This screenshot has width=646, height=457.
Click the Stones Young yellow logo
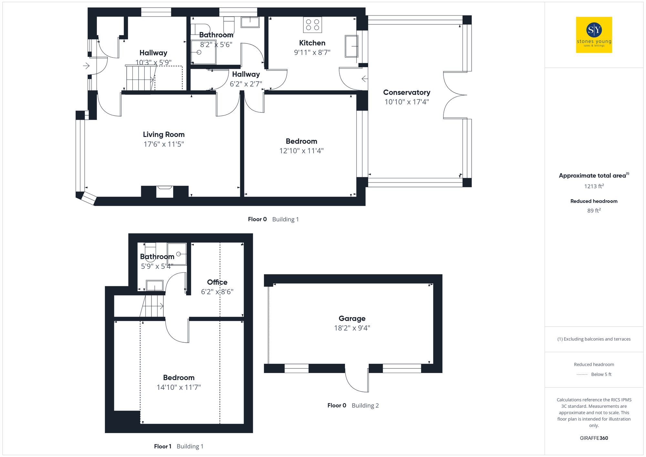point(594,35)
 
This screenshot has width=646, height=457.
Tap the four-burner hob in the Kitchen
point(312,25)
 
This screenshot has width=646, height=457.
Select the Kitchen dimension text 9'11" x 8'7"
point(312,52)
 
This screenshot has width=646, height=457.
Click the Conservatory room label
point(406,92)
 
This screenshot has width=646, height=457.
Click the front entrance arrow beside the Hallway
point(86,66)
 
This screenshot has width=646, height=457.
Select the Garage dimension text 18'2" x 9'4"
point(352,328)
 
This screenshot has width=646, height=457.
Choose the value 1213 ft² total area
point(594,186)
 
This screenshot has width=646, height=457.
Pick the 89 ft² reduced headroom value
point(594,211)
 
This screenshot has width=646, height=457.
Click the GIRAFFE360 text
point(594,438)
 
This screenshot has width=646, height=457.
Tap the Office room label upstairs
point(217,282)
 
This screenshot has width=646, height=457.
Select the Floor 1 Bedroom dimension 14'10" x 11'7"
point(179,387)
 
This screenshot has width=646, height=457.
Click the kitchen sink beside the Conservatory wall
point(351,47)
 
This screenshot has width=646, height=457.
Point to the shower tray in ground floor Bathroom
point(203,52)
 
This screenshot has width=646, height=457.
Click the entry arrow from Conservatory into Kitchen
point(364,79)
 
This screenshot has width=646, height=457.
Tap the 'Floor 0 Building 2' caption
point(353,406)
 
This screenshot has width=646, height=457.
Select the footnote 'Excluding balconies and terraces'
point(594,339)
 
